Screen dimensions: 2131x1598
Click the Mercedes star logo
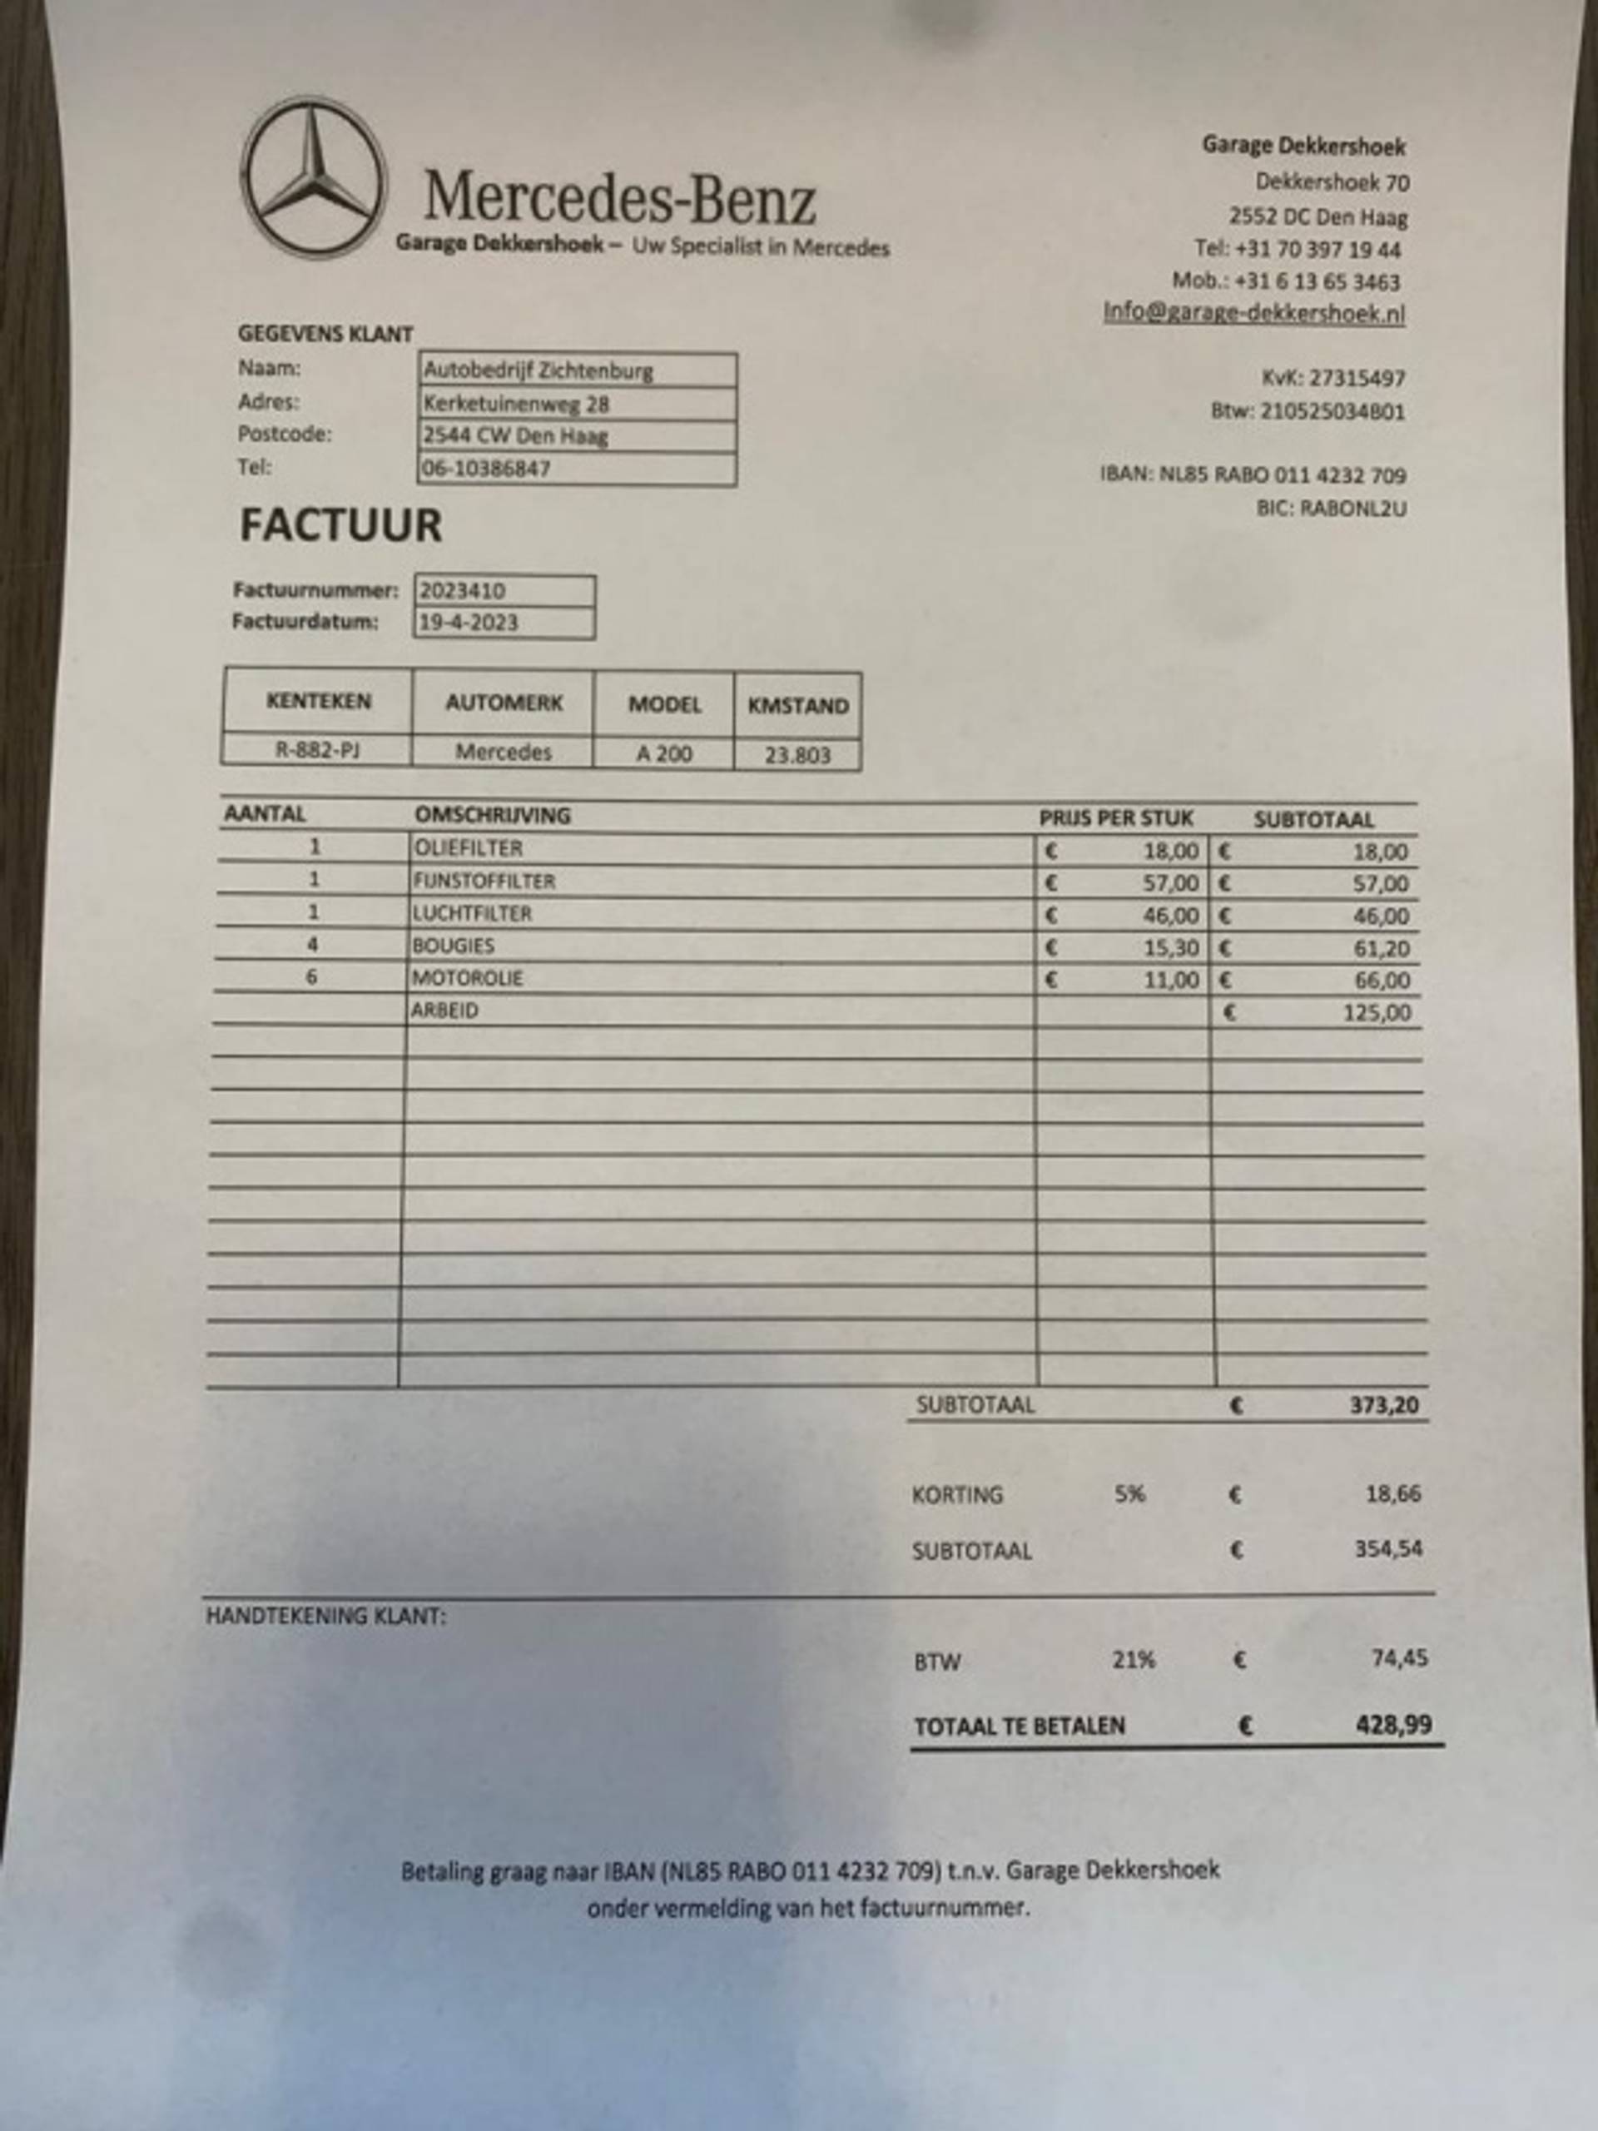pos(313,177)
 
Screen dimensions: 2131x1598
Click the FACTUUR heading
pos(340,525)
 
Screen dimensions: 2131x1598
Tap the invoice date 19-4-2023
pos(468,623)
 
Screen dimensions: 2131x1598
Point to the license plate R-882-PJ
pos(317,751)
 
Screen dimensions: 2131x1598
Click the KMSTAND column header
pos(797,705)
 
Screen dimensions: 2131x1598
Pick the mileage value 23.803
pos(797,755)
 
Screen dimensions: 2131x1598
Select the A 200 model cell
pos(663,753)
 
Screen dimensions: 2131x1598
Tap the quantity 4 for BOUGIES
pos(312,945)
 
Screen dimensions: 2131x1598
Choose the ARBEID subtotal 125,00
pos(1377,1012)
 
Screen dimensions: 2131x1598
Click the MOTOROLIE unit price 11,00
pos(1170,981)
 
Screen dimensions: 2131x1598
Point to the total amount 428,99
pos(1392,1725)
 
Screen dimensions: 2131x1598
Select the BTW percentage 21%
pos(1133,1660)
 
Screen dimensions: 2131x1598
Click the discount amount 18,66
pos(1392,1494)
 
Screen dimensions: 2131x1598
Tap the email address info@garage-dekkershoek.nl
pos(1254,313)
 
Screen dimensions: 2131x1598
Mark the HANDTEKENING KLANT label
pos(325,1617)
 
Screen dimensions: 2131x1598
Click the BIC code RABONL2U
pos(1352,509)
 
